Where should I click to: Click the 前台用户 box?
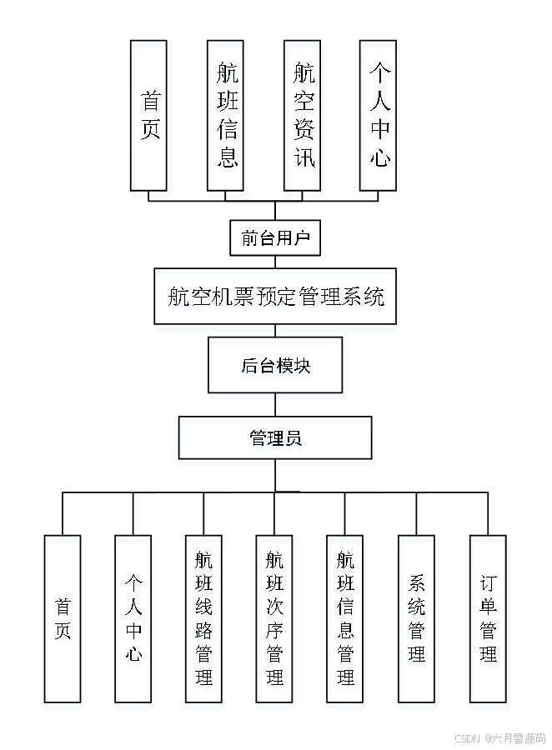[275, 238]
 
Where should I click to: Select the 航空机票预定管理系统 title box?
[275, 296]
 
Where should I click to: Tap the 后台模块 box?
[275, 365]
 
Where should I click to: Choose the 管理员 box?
[275, 437]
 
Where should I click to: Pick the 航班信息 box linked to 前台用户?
[226, 115]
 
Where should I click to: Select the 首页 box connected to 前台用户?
[149, 115]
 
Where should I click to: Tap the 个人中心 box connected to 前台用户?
[380, 115]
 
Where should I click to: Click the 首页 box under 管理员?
[63, 618]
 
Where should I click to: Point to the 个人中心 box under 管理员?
[133, 618]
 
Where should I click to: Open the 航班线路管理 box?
[204, 618]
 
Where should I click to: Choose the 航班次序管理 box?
[275, 618]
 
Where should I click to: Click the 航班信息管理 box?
[345, 618]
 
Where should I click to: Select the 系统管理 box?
[417, 618]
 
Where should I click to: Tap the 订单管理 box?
[489, 618]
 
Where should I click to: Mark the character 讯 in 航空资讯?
[304, 156]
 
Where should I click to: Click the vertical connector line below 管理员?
[275, 475]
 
